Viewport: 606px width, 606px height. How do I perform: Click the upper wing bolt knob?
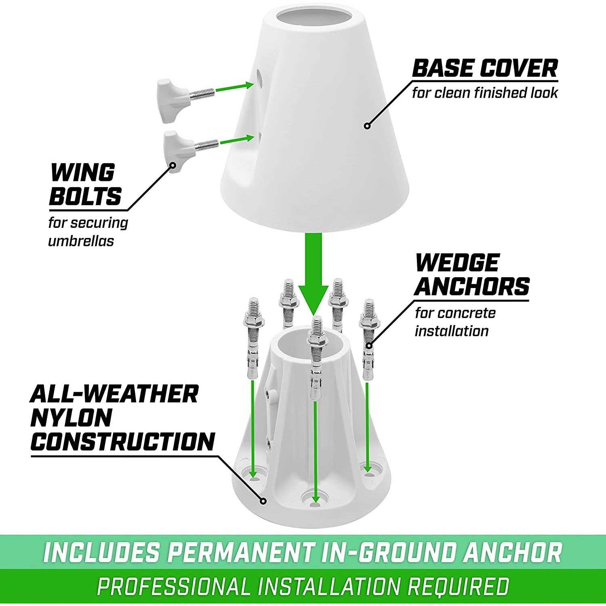(171, 101)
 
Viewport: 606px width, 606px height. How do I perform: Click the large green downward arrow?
(313, 274)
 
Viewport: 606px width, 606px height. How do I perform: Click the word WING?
(82, 173)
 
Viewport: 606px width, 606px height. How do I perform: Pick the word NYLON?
(71, 418)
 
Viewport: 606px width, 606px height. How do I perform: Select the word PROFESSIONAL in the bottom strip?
(174, 586)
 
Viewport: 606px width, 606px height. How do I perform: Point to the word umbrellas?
(81, 241)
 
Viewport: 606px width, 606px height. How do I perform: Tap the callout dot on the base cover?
(367, 126)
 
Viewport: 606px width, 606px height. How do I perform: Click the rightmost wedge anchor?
(368, 339)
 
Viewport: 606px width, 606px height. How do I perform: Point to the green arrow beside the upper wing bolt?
(234, 87)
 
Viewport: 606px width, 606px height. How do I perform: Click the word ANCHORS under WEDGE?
(472, 286)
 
